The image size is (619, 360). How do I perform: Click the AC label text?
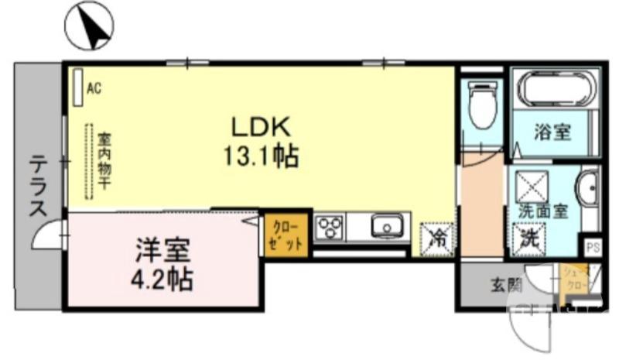94,88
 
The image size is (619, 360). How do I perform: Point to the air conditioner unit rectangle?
78,88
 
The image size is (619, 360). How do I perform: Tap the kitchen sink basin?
385,227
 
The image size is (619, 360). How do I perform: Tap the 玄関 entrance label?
505,284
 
